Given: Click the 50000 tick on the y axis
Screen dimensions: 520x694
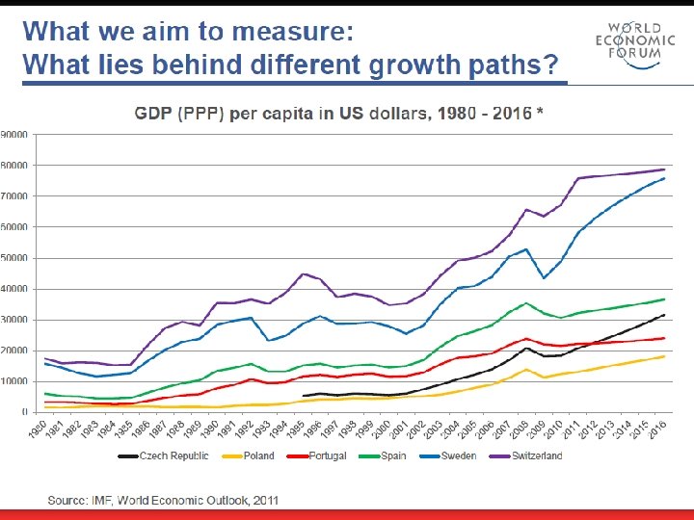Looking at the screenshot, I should (13, 258).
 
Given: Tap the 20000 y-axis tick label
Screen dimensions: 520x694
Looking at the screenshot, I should (13, 351).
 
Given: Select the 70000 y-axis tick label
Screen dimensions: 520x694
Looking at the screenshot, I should (13, 196).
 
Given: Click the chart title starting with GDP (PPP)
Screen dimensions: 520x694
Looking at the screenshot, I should (339, 113).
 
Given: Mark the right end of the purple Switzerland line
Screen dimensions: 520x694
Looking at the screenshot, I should (665, 169).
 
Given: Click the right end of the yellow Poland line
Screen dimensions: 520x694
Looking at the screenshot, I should (665, 356).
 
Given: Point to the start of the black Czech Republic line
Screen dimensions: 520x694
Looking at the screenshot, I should (304, 396).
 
